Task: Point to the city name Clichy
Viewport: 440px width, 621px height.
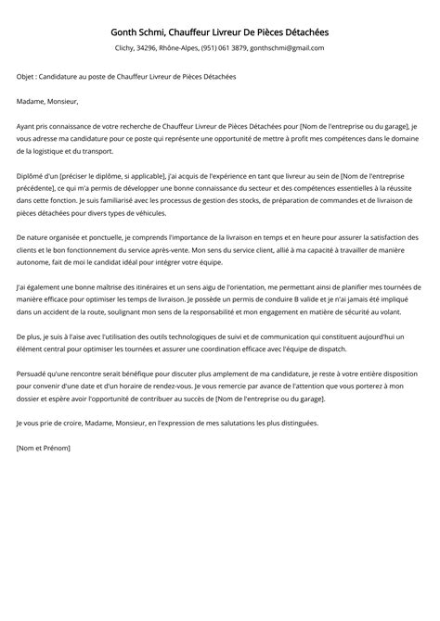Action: (x=126, y=48)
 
